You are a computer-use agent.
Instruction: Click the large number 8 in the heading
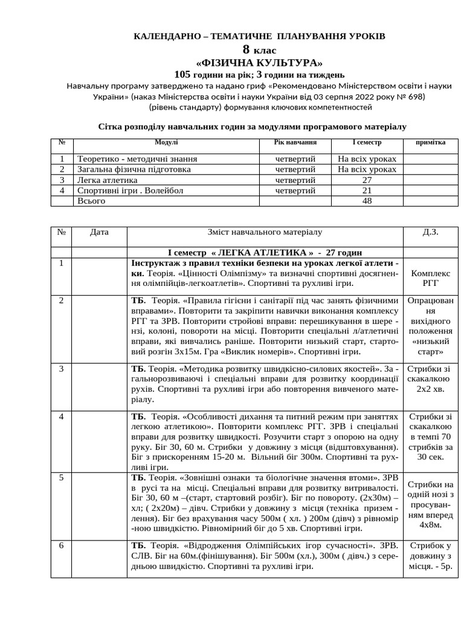point(246,50)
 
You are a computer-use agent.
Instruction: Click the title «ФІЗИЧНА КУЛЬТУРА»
point(259,63)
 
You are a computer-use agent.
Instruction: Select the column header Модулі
point(166,142)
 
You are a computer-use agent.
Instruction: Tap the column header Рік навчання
point(295,142)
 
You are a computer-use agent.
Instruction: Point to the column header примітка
point(431,142)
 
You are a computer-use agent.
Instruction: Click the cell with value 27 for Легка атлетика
point(367,180)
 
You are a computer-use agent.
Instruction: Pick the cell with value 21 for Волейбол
point(367,190)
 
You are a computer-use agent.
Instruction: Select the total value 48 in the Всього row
point(367,201)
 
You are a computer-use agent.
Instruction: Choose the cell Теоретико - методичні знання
point(137,159)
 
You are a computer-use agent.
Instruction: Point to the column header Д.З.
point(431,232)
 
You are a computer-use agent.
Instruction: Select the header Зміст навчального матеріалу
point(265,232)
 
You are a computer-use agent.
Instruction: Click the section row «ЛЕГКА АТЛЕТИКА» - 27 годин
point(265,251)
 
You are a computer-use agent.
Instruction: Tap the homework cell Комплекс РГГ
point(431,277)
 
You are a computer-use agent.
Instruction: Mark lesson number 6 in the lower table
point(62,546)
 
